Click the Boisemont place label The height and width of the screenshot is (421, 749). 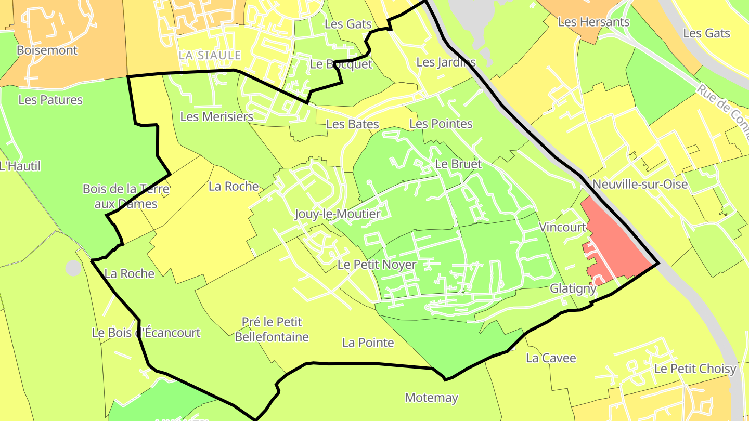[47, 50]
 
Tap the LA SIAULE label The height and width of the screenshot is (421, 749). [210, 55]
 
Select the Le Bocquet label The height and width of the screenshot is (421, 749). [341, 64]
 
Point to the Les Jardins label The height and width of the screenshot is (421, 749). [446, 63]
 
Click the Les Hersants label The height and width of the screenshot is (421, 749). [593, 22]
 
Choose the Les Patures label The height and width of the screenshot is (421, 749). [50, 100]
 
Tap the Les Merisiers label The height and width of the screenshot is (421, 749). [216, 117]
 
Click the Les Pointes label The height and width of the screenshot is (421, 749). [441, 124]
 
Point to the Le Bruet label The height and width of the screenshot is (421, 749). [458, 164]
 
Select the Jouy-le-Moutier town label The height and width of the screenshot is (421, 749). [338, 214]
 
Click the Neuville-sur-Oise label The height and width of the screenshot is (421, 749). [640, 185]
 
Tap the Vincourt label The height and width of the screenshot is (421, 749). [562, 227]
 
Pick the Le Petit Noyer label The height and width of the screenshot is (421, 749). [377, 265]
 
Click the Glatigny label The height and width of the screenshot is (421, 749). [573, 288]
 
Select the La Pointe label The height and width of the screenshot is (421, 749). [368, 343]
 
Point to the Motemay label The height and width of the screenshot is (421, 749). [431, 398]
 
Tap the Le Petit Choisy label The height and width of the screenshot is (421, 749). [695, 369]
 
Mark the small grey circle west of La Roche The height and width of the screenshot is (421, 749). [73, 268]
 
